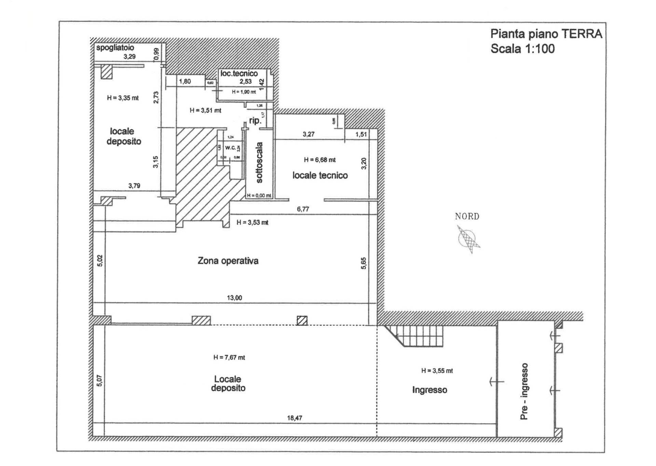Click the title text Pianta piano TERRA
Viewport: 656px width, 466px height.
coord(546,34)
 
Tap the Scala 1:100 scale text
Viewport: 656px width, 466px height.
coord(522,49)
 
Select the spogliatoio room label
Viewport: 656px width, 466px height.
coord(115,48)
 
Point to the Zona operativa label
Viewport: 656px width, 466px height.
coord(228,261)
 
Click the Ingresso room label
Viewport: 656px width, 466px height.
coord(429,390)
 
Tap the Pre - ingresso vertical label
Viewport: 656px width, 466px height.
coord(524,391)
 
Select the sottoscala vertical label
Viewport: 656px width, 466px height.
coord(259,163)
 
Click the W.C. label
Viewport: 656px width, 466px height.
coord(230,148)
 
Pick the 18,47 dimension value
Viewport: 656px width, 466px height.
coord(295,418)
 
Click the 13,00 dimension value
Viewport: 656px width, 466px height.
coord(234,298)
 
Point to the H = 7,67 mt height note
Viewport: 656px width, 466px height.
coord(229,358)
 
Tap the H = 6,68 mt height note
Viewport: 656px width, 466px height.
coord(320,160)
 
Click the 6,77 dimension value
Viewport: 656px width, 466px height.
coord(303,209)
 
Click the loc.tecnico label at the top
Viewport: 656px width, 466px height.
coord(239,73)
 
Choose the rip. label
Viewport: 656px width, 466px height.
coord(255,121)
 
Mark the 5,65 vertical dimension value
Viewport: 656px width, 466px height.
coord(364,263)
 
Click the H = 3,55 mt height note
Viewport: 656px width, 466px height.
coord(437,371)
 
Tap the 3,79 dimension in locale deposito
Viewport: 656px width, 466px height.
coord(134,186)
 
